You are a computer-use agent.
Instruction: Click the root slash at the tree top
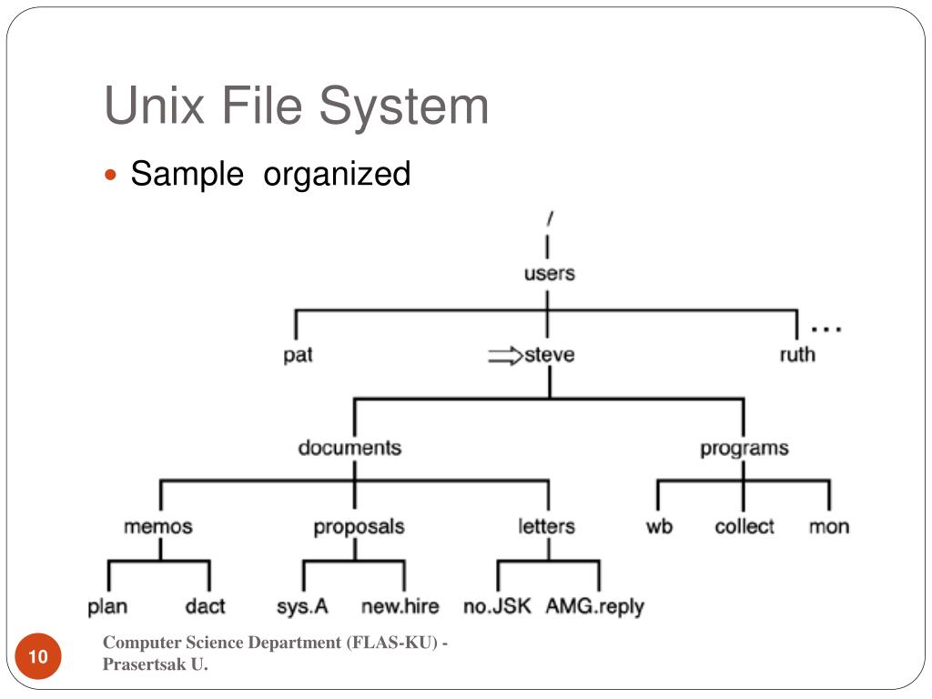[x=550, y=218]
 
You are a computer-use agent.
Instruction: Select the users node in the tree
[x=549, y=273]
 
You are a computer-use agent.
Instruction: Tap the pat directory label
[x=298, y=355]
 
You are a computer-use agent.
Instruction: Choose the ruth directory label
[x=797, y=355]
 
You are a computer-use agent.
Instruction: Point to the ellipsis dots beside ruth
[x=826, y=328]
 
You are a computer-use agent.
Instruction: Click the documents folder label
[x=349, y=448]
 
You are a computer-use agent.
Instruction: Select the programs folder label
[x=744, y=448]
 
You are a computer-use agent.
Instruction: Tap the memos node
[x=158, y=526]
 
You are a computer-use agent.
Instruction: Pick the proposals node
[x=359, y=527]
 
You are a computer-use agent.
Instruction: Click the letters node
[x=546, y=526]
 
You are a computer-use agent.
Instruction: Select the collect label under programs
[x=744, y=526]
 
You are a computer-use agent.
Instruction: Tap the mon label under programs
[x=828, y=526]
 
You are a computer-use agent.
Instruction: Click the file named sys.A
[x=302, y=606]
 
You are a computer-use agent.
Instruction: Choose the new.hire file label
[x=400, y=606]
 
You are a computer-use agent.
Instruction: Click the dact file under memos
[x=205, y=606]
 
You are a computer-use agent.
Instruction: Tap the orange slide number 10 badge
[x=38, y=658]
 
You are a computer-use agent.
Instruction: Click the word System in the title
[x=403, y=106]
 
